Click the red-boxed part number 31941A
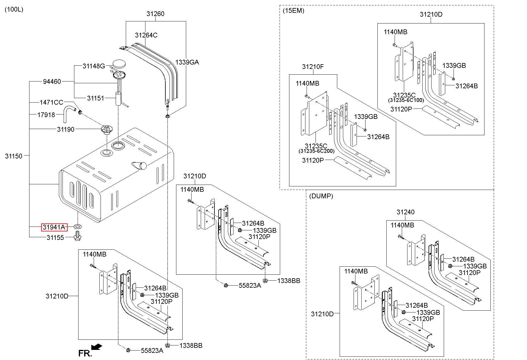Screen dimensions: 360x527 click(54, 227)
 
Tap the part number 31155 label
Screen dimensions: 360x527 click(55, 238)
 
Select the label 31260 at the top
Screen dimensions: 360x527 click(155, 14)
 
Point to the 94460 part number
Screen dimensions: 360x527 click(52, 81)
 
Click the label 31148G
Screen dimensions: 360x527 click(94, 66)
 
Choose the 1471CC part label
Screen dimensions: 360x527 click(51, 103)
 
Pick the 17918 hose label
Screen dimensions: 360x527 click(46, 115)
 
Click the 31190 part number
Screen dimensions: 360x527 click(66, 129)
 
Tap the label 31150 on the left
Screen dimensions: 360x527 click(14, 156)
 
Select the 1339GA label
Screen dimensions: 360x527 click(187, 62)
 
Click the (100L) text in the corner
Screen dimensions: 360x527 click(14, 10)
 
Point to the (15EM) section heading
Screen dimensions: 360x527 click(293, 11)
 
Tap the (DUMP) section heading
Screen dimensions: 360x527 click(321, 196)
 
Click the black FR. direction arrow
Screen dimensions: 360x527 click(97, 347)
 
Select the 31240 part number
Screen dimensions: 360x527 click(405, 212)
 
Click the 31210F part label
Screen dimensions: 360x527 click(313, 67)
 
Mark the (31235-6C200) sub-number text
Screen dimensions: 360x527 click(316, 151)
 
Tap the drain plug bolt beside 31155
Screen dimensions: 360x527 click(78, 237)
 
